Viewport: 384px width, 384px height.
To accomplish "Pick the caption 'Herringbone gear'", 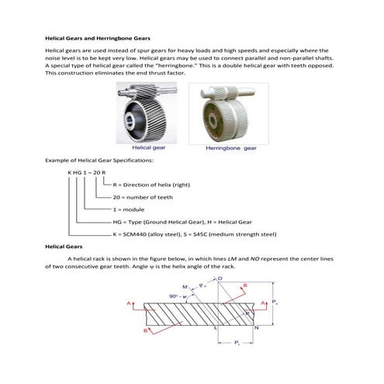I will coord(230,147).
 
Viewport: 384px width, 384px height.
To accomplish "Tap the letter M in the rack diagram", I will coord(185,286).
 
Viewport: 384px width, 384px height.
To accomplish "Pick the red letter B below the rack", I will coord(145,331).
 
